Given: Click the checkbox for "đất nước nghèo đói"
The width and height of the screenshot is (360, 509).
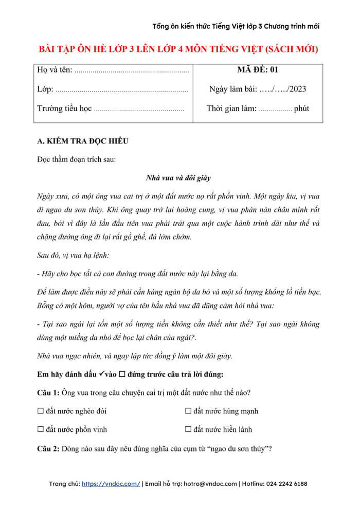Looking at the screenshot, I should (41, 411).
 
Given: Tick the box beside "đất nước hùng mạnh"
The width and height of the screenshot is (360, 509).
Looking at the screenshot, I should (188, 411).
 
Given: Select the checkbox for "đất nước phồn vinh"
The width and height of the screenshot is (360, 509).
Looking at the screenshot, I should (41, 429).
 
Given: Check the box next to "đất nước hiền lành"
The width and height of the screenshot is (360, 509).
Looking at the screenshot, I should (188, 429).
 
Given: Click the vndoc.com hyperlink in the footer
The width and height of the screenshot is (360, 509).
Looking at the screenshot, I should (111, 484).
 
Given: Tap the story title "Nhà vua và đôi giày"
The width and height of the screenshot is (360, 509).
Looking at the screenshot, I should (178, 178).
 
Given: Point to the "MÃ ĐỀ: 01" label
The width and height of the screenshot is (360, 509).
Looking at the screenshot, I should (258, 70).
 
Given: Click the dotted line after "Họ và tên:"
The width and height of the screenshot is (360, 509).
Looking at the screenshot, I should (132, 70).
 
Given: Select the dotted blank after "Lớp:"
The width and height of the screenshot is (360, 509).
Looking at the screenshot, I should (121, 89).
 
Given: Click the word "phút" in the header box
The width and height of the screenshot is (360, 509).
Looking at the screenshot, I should (301, 108).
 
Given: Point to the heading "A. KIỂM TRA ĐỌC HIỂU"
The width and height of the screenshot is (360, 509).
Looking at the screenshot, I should (83, 141).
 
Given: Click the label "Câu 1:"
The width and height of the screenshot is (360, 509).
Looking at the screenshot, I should (48, 393).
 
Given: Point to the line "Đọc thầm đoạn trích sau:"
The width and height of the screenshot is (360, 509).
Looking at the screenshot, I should (77, 159).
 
